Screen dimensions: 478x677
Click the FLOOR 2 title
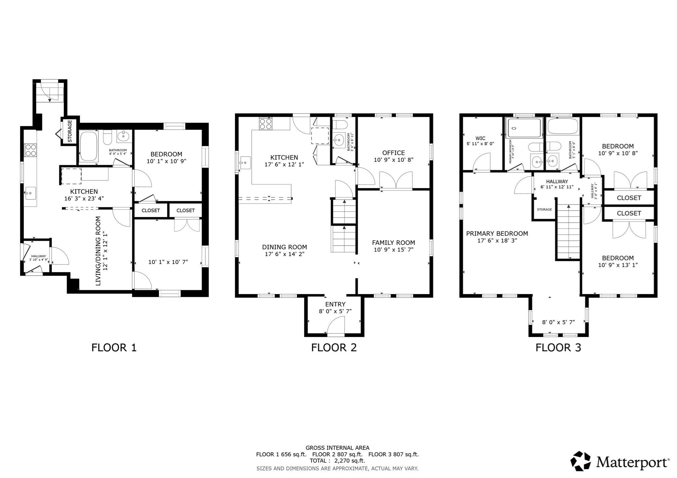click(334, 348)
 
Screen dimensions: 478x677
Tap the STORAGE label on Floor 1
click(70, 131)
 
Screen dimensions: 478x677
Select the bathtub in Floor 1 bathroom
click(89, 146)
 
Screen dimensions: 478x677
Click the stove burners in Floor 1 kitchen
click(31, 150)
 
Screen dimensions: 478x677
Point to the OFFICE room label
click(393, 153)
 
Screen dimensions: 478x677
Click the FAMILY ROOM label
click(393, 242)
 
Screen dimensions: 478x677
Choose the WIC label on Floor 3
click(480, 138)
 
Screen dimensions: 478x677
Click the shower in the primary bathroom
click(524, 128)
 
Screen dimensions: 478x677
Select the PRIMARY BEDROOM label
click(497, 233)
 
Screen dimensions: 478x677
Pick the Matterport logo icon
click(580, 461)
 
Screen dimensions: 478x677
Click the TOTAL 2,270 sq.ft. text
click(337, 461)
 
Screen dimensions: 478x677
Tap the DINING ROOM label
click(284, 247)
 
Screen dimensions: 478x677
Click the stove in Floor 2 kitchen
click(265, 124)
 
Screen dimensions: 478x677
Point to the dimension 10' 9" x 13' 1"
click(617, 265)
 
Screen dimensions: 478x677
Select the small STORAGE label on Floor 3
click(544, 210)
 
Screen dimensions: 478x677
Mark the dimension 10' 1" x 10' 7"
click(168, 262)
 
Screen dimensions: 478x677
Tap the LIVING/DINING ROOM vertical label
click(101, 251)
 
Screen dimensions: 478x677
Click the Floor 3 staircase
click(569, 231)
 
